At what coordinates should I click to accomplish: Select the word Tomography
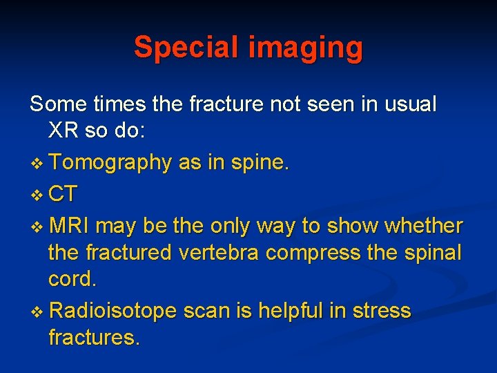coord(110,163)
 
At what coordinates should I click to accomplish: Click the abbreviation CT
coord(64,193)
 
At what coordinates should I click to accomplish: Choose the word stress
coord(380,312)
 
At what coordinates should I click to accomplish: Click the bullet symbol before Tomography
coord(38,164)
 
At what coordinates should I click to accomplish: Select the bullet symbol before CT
coord(38,194)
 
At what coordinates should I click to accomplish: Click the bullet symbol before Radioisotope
coord(38,312)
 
